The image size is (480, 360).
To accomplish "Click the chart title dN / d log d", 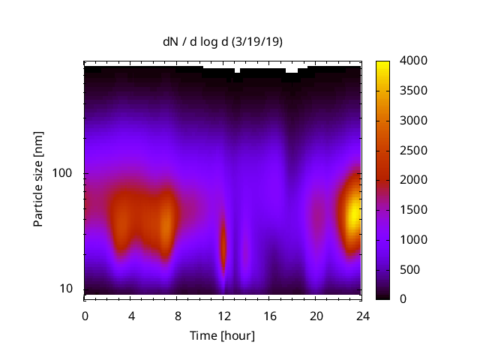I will (x=196, y=42).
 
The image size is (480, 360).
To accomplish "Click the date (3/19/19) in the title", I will (x=257, y=42).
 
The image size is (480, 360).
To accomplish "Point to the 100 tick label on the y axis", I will (x=64, y=173).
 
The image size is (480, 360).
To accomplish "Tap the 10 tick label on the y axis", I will (x=67, y=289).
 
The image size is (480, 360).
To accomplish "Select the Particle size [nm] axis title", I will (x=38, y=183).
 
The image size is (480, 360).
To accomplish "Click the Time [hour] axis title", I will (x=222, y=335).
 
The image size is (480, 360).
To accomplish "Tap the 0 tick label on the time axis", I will (x=85, y=315).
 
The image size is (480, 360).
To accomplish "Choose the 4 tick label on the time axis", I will (x=131, y=315).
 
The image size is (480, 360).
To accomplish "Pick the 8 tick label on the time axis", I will (x=177, y=315).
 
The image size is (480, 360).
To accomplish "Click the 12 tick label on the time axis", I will (x=223, y=315).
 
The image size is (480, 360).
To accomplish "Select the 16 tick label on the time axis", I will (x=270, y=315).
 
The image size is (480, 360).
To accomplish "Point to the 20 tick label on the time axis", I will (x=316, y=315).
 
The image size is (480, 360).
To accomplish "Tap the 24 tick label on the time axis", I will (x=362, y=315).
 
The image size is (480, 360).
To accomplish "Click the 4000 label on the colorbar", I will (x=415, y=61).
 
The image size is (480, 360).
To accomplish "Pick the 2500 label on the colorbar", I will (x=415, y=150).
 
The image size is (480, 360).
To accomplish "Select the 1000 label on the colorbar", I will (x=415, y=239).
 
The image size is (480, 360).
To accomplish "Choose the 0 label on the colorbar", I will (x=404, y=299).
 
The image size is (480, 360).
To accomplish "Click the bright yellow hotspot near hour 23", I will (x=352, y=216).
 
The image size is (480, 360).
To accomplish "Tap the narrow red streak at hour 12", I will (x=223, y=244).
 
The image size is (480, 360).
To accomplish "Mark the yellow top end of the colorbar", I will (x=382, y=64).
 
